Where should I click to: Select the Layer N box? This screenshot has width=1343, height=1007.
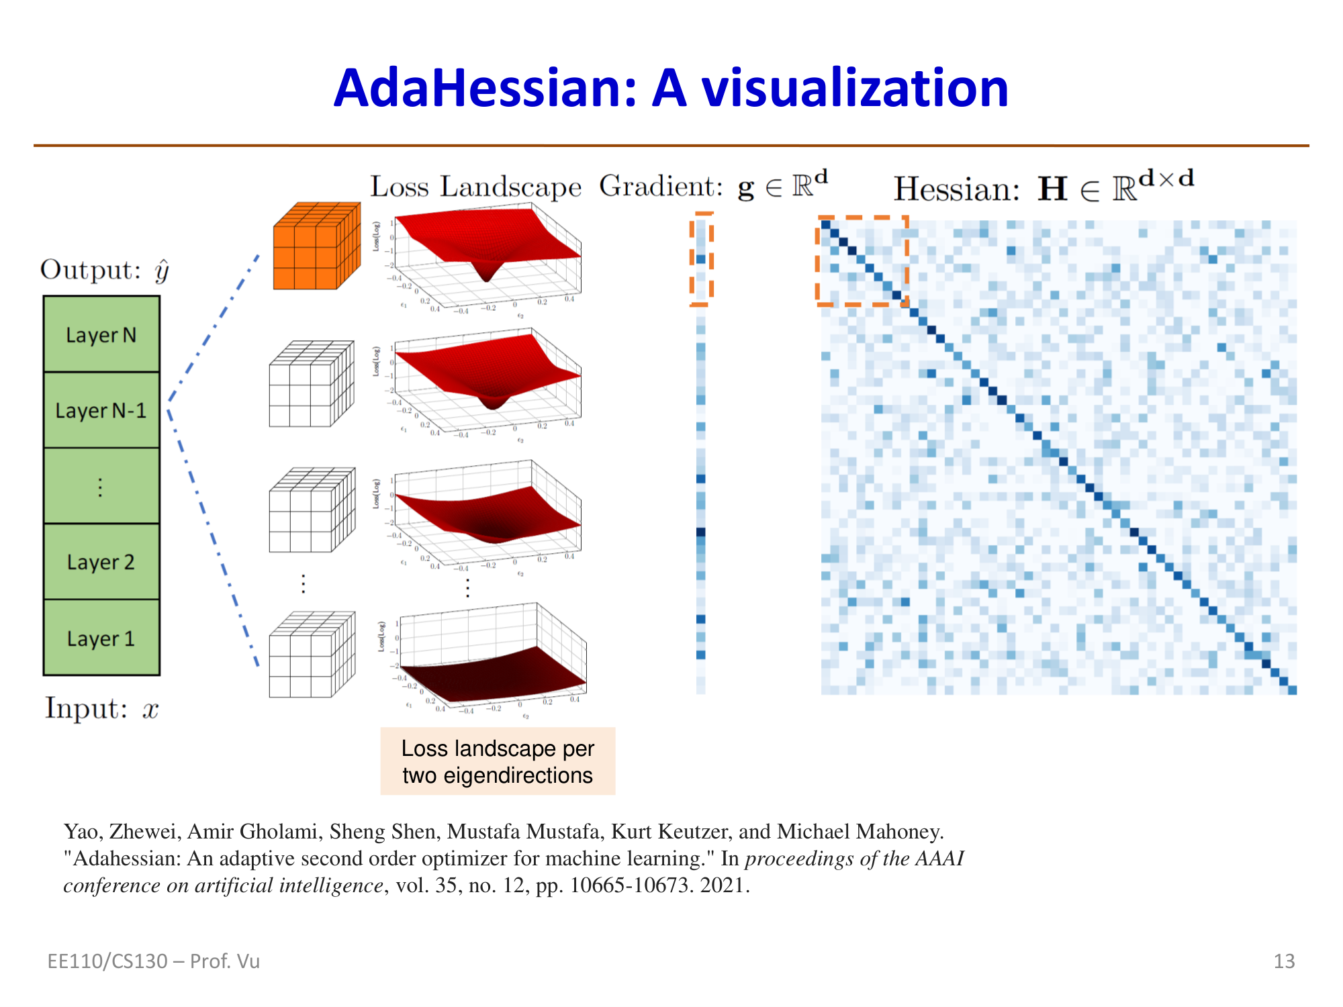click(101, 334)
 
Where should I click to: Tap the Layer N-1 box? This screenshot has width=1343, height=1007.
click(101, 410)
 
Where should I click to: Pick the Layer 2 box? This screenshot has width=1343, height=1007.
click(101, 562)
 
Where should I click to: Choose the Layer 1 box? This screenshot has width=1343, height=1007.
click(101, 638)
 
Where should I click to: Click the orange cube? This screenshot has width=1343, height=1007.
click(316, 247)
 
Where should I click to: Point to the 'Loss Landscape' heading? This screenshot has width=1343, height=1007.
click(475, 187)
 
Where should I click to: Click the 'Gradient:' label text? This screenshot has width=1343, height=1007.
click(661, 187)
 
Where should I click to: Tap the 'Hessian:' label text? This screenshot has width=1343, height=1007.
click(956, 189)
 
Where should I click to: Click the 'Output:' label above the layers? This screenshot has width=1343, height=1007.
click(91, 270)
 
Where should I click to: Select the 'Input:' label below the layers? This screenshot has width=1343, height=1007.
click(86, 708)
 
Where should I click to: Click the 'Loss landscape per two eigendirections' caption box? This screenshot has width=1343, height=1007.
click(498, 761)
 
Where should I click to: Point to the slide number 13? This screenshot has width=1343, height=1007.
click(1284, 961)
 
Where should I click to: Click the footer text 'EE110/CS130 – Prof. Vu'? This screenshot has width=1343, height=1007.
click(153, 961)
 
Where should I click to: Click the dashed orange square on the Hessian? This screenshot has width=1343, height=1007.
click(862, 260)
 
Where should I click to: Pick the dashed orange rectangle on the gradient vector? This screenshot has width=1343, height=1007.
click(701, 259)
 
